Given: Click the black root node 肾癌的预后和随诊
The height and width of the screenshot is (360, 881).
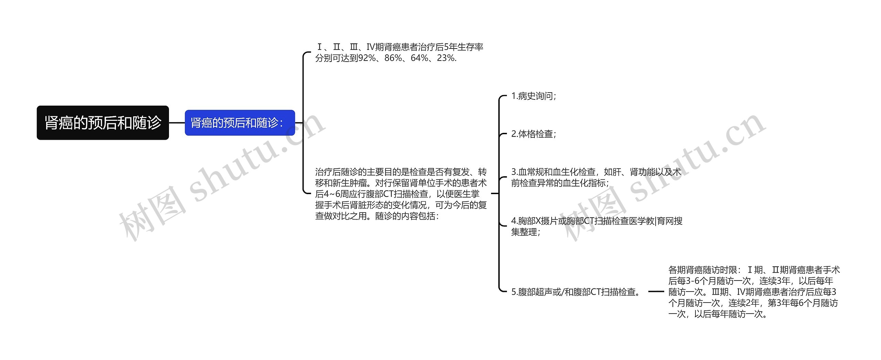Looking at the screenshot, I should pos(103,123).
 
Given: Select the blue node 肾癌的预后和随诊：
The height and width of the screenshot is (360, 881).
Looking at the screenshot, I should pos(240,123).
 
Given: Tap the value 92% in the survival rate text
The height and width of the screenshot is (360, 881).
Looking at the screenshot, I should pos(367,58).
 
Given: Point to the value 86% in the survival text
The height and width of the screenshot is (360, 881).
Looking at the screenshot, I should pos(393,58).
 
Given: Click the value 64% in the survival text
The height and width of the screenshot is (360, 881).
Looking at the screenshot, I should pos(420,58).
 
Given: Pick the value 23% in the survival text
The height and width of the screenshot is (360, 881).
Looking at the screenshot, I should pos(446,58).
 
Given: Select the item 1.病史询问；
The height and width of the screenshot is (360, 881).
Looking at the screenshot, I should pos(533,96).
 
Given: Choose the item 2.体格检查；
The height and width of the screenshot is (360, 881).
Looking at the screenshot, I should pos(533,134).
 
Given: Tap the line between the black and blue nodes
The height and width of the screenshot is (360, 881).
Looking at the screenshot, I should pos(177,123).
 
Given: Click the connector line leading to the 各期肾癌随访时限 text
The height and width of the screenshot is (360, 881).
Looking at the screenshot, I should pos(656,292).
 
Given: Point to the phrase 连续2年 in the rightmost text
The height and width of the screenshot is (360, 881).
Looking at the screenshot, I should pos(743,303).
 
